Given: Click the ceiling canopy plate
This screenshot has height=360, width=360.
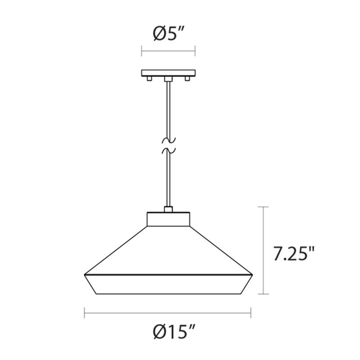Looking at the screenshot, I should point(168,73).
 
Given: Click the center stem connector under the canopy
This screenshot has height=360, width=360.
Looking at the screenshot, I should point(168,79).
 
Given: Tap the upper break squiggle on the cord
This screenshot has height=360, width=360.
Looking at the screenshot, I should point(168,139).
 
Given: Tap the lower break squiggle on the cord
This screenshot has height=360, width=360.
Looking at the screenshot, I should point(168,149).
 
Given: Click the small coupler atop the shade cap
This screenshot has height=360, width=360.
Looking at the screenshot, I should point(168,209).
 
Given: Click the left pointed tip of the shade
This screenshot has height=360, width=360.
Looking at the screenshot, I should point(85,274).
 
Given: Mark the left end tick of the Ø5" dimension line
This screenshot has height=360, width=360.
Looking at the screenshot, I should point(142,50).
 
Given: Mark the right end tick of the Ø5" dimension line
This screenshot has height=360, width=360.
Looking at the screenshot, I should point(195,50).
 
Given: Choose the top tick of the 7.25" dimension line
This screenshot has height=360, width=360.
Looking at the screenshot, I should point(263,207).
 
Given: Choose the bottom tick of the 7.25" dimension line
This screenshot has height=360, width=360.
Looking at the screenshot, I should point(263,294).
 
